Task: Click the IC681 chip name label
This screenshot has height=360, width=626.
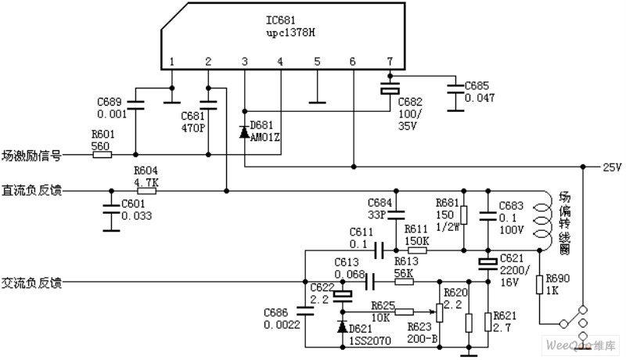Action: click(281, 20)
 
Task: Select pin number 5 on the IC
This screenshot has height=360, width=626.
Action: click(317, 62)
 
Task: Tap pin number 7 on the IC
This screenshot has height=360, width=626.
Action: click(390, 61)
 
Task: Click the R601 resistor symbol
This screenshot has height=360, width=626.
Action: click(103, 154)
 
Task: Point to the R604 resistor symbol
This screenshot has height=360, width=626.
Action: click(146, 191)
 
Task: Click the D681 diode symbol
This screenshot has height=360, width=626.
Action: click(244, 132)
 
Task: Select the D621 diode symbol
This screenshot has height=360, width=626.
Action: click(342, 326)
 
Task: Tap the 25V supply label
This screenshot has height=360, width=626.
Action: click(612, 167)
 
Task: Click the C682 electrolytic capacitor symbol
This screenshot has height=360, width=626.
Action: click(390, 89)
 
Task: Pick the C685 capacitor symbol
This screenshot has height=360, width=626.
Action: click(455, 89)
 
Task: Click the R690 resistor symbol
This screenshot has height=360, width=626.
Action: click(539, 285)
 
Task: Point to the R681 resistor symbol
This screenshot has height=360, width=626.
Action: click(463, 215)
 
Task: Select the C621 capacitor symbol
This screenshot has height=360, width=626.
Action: click(487, 263)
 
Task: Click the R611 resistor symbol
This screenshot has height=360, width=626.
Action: click(417, 250)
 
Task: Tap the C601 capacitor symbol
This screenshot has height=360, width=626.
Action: click(111, 209)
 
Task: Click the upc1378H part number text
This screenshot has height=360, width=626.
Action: click(290, 32)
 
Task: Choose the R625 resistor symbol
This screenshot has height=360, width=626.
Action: click(405, 311)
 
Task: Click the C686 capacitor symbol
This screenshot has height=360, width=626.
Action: click(305, 311)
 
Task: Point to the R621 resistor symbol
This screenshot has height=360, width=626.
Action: click(487, 322)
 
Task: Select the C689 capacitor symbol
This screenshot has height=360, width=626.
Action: click(135, 104)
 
